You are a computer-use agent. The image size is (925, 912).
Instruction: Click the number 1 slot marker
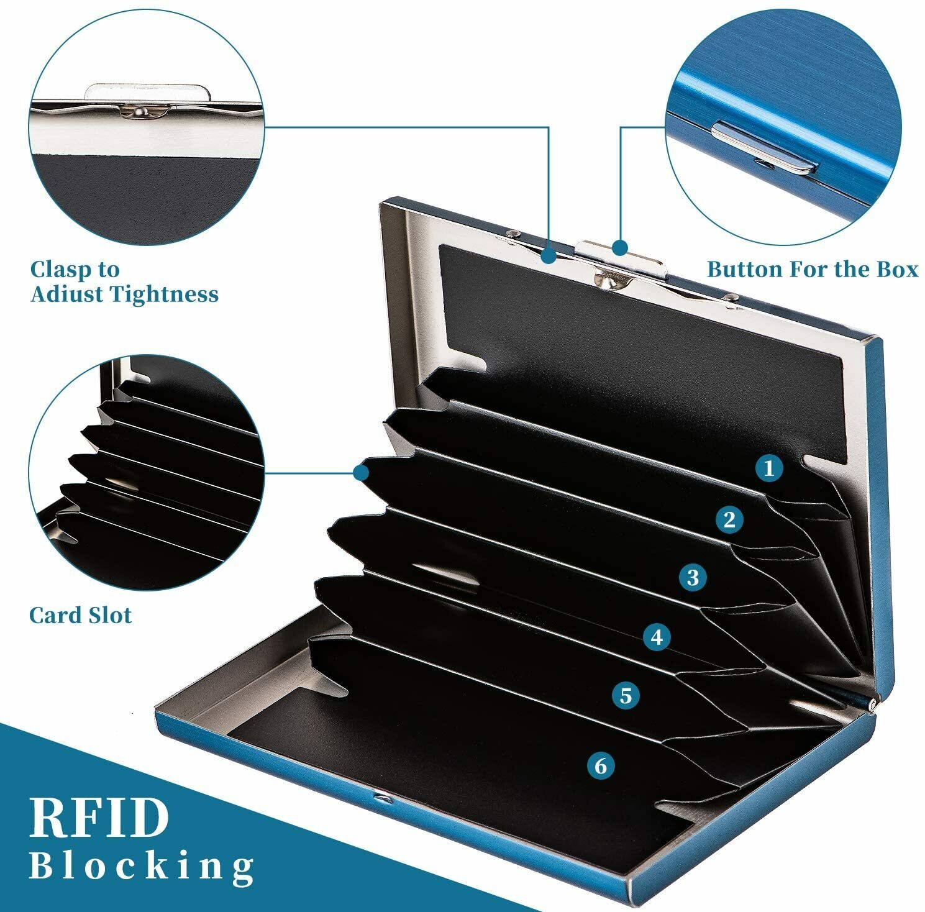tap(769, 468)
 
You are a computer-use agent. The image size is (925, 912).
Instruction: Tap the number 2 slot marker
tap(729, 519)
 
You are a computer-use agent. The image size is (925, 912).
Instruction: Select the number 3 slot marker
tap(693, 578)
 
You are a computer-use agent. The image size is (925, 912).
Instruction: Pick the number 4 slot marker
tap(657, 637)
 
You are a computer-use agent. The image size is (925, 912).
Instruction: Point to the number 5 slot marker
tap(626, 695)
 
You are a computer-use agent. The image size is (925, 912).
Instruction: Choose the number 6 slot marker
tap(600, 765)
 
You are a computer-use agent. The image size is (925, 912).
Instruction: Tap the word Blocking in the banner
tap(142, 865)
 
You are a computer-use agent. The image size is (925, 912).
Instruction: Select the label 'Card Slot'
tap(81, 616)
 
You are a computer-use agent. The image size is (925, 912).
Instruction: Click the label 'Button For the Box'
tap(813, 269)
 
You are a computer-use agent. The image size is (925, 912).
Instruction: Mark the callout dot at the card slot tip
tap(360, 473)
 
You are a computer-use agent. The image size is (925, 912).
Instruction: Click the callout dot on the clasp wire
tap(548, 255)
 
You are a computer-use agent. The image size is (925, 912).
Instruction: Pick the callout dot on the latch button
tap(619, 247)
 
